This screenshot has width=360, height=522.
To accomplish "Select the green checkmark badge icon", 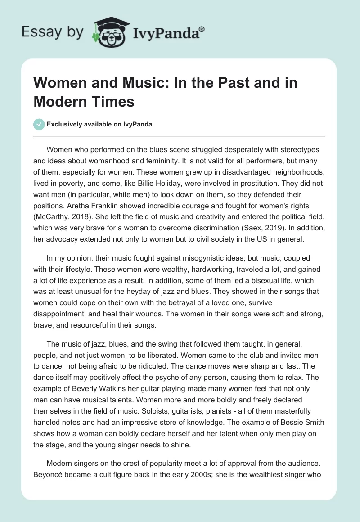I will pyautogui.click(x=39, y=124).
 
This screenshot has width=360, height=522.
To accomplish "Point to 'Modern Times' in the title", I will pyautogui.click(x=84, y=101).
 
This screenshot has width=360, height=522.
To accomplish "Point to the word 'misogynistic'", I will pyautogui.click(x=176, y=258).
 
